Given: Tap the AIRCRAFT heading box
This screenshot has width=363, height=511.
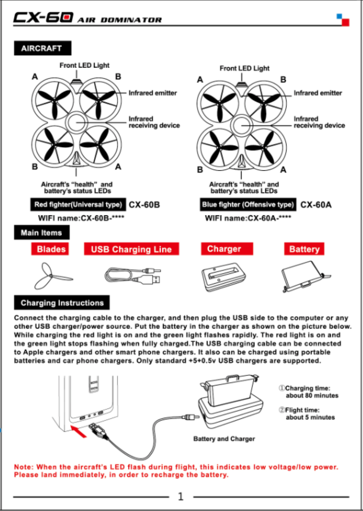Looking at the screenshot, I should pyautogui.click(x=42, y=48).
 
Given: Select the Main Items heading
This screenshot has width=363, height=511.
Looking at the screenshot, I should pyautogui.click(x=41, y=233).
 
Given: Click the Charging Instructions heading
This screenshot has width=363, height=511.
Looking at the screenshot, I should pyautogui.click(x=62, y=303).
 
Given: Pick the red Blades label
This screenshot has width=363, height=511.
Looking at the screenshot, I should pyautogui.click(x=51, y=249).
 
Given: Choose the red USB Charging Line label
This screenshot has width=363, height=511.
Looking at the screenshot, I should pyautogui.click(x=131, y=249).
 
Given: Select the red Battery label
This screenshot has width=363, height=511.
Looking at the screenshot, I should pyautogui.click(x=304, y=249).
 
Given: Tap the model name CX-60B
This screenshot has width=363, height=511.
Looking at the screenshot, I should pyautogui.click(x=144, y=205).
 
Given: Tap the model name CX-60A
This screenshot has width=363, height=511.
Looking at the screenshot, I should pyautogui.click(x=316, y=205).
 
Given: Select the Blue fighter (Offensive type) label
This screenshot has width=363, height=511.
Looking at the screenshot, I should pyautogui.click(x=248, y=204).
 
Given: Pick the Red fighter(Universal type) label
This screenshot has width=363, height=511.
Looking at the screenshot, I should pyautogui.click(x=78, y=204).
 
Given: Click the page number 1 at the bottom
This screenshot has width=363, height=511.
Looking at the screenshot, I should pyautogui.click(x=181, y=496).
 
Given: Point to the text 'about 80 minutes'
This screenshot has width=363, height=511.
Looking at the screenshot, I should pyautogui.click(x=312, y=396).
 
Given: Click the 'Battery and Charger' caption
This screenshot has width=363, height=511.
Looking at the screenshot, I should pyautogui.click(x=224, y=439).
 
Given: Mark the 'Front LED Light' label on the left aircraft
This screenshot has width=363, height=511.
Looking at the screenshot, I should pyautogui.click(x=84, y=65).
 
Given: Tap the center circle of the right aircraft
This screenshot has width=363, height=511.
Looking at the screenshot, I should pyautogui.click(x=241, y=125).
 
